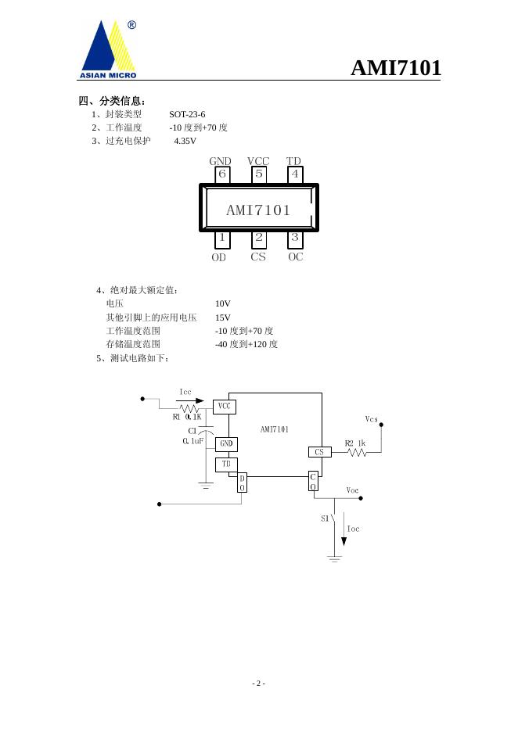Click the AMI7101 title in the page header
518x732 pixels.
point(395,68)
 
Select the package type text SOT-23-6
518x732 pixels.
point(187,114)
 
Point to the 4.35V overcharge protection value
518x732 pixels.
point(185,141)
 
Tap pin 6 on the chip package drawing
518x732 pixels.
point(222,174)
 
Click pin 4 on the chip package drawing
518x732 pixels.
point(294,174)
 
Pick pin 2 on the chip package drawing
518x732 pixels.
point(258,238)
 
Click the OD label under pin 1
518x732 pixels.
point(219,257)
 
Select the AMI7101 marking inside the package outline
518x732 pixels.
point(258,210)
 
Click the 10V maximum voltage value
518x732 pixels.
point(223,303)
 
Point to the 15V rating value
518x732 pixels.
point(223,318)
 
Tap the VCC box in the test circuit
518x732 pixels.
point(225,407)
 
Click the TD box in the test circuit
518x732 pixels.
point(226,465)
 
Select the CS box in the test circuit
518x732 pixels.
point(318,452)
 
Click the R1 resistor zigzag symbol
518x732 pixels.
point(189,407)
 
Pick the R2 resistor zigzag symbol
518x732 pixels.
point(357,452)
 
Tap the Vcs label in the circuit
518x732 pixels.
point(372,419)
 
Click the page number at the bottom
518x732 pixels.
point(259,684)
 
